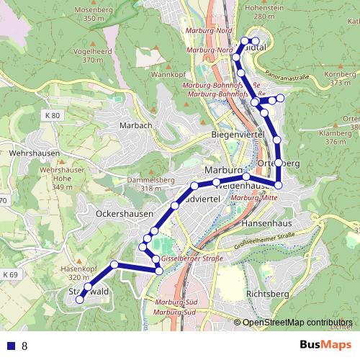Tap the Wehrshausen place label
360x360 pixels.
tap(28, 153)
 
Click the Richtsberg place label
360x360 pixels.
tap(267, 294)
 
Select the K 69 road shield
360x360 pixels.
tap(9, 274)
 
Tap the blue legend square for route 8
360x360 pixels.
tap(9, 346)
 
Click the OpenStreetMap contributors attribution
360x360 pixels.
tap(297, 322)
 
